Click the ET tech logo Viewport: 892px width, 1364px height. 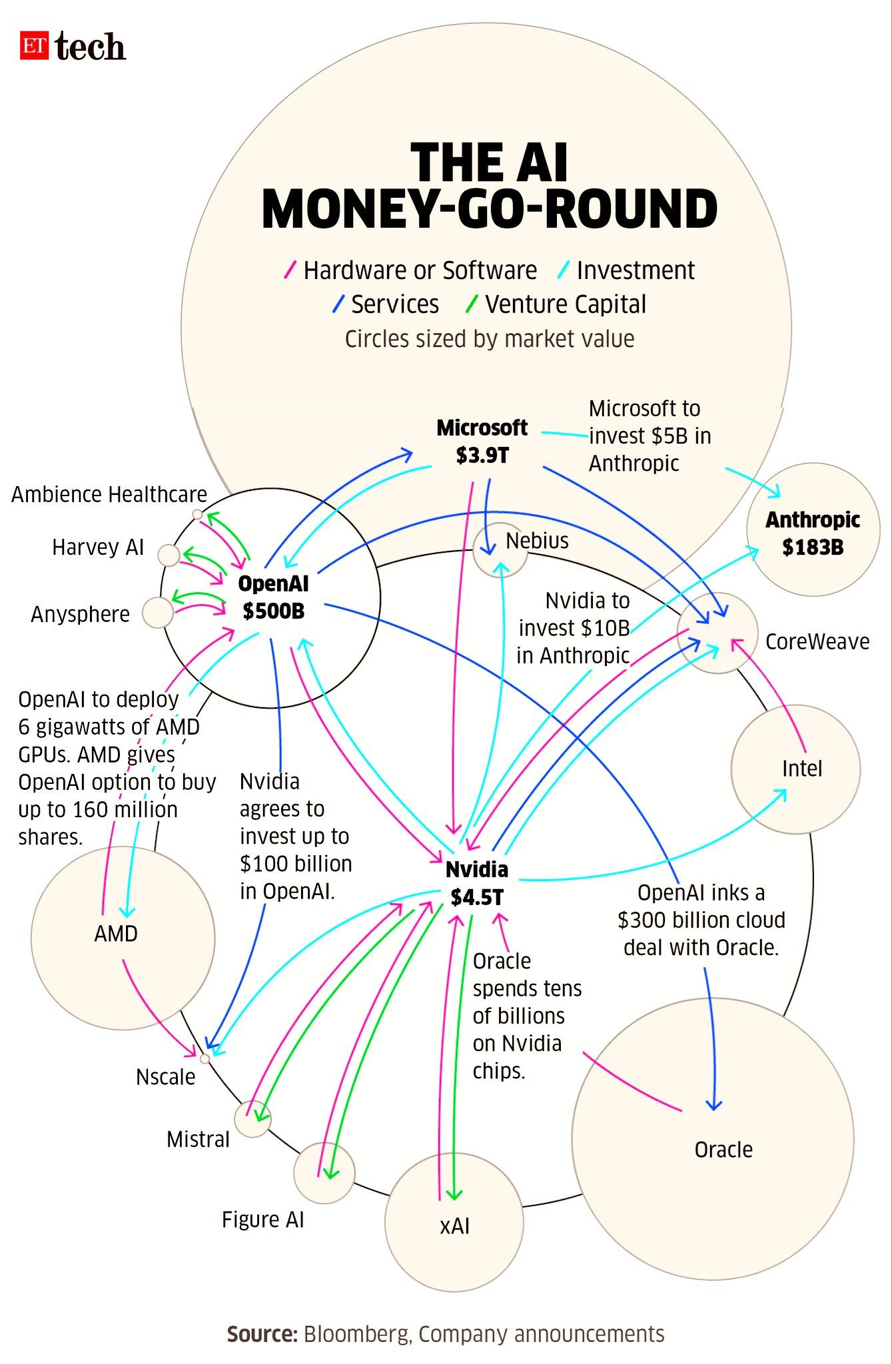tap(72, 47)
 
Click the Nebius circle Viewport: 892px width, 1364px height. tap(500, 550)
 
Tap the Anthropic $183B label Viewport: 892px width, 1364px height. tap(813, 533)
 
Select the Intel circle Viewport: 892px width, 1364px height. tap(796, 769)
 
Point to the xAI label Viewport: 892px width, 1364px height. tap(455, 1226)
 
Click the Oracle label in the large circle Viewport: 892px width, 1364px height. tap(723, 1150)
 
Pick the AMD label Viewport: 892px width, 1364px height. tap(116, 934)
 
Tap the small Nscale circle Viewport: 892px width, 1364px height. tap(205, 1058)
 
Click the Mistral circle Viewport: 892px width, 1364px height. tap(253, 1119)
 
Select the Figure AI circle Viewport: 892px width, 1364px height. tap(324, 1174)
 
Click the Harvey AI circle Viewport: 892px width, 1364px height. tap(169, 555)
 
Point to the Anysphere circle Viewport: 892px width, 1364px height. tap(158, 612)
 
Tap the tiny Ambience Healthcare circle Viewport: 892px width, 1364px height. tap(197, 514)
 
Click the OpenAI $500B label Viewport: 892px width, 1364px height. tap(273, 597)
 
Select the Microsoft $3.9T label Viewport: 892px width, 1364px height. tap(482, 441)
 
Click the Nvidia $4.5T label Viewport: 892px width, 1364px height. tap(476, 883)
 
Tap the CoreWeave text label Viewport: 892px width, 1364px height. tap(817, 641)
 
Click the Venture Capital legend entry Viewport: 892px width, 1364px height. tap(565, 304)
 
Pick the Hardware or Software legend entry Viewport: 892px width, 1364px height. tap(420, 270)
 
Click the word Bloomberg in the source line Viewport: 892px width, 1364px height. tap(356, 1334)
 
